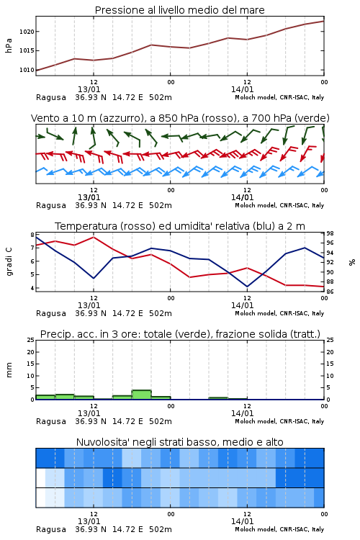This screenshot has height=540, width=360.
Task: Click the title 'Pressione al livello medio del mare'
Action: (x=179, y=10)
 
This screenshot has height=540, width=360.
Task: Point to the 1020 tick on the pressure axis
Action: (x=27, y=32)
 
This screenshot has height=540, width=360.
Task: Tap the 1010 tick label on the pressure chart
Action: (x=27, y=70)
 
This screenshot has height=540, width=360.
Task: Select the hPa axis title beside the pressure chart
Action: (x=9, y=45)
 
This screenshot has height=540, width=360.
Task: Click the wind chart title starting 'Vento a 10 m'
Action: (x=180, y=118)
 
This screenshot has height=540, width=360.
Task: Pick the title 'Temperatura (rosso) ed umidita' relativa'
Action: (x=180, y=226)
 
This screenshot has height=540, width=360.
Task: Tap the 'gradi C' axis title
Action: (x=9, y=261)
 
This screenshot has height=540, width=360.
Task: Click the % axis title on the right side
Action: (x=352, y=262)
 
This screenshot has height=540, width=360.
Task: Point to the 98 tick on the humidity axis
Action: (x=330, y=233)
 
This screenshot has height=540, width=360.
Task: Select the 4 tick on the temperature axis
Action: (x=32, y=288)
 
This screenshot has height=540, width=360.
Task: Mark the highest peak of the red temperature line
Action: (x=94, y=237)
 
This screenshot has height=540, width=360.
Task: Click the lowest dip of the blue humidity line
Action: (x=247, y=287)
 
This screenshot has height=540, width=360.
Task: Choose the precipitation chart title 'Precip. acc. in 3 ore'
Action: (x=180, y=334)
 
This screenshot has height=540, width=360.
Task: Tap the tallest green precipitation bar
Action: (x=142, y=395)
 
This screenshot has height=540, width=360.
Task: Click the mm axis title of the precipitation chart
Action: (x=9, y=369)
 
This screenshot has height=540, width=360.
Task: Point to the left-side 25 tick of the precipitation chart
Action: (x=31, y=340)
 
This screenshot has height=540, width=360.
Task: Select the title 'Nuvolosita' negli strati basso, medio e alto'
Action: (x=179, y=442)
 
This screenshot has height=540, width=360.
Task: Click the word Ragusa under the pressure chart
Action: (x=51, y=97)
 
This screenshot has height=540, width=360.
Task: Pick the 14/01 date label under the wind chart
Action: (x=242, y=197)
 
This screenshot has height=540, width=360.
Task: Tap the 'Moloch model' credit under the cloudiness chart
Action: (x=256, y=529)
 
